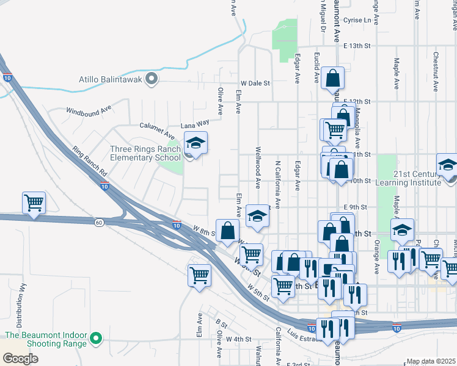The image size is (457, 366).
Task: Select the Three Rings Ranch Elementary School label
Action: pos(145,153)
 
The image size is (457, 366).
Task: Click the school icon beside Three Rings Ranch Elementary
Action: pos(196,144)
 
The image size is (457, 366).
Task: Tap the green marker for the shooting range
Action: pos(95,338)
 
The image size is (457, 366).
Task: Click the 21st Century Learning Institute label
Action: pos(417,178)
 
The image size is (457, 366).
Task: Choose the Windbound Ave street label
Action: pos(89,110)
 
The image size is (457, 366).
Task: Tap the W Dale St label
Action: pos(255,83)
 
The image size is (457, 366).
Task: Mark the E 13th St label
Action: pos(357,46)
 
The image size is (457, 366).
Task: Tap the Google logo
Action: pos(20,358)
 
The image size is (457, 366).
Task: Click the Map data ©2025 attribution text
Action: pos(430,361)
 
